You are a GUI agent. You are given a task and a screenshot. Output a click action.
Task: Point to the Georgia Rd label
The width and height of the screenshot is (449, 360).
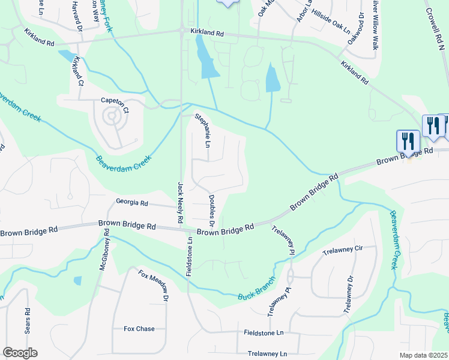131,203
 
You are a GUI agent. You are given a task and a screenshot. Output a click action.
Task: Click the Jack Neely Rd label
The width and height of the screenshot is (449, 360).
179,203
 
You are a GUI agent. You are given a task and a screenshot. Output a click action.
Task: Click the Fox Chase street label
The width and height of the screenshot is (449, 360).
139,329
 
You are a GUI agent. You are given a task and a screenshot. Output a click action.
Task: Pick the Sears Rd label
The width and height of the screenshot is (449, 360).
28,321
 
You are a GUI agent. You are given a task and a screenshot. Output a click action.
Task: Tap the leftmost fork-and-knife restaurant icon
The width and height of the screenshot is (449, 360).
408,141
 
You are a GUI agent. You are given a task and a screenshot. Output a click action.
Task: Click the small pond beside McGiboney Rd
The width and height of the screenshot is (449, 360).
77,280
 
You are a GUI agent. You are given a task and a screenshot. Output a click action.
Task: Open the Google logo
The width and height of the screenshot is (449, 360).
20,353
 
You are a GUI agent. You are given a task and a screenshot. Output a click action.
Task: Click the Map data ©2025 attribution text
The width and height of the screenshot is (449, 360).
423,355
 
